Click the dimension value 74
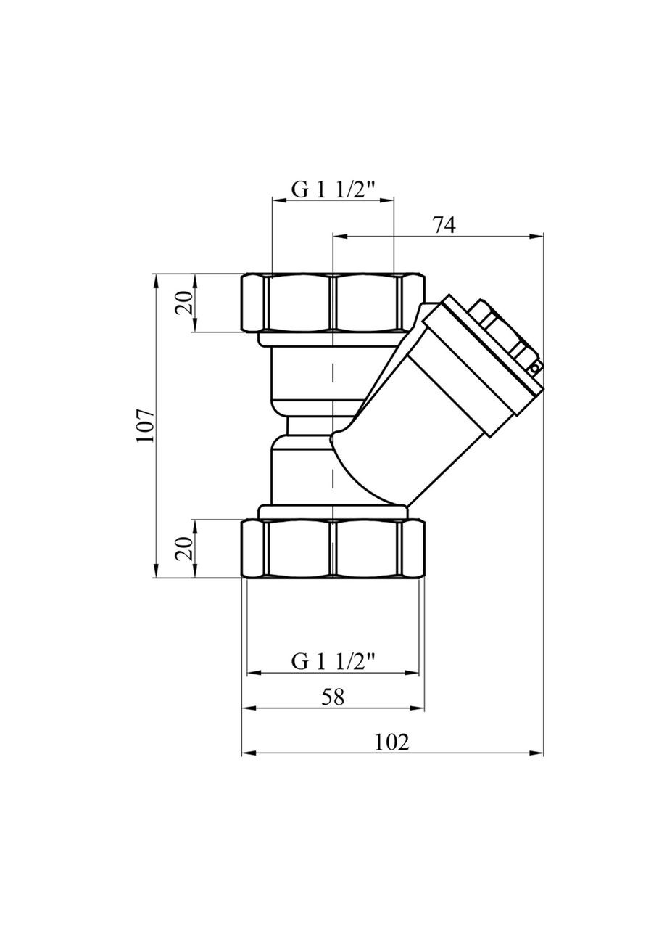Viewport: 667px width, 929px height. pyautogui.click(x=443, y=225)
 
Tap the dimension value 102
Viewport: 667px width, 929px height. pyautogui.click(x=392, y=742)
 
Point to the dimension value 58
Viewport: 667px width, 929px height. pyautogui.click(x=333, y=697)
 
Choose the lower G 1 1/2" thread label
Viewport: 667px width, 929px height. pyautogui.click(x=333, y=661)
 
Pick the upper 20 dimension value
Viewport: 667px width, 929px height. pyautogui.click(x=185, y=303)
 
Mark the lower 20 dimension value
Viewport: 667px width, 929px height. pyautogui.click(x=185, y=549)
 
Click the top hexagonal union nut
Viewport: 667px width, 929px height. pyautogui.click(x=333, y=303)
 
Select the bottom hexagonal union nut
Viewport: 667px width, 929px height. pyautogui.click(x=333, y=549)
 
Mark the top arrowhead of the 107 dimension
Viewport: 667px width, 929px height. pyautogui.click(x=156, y=279)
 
